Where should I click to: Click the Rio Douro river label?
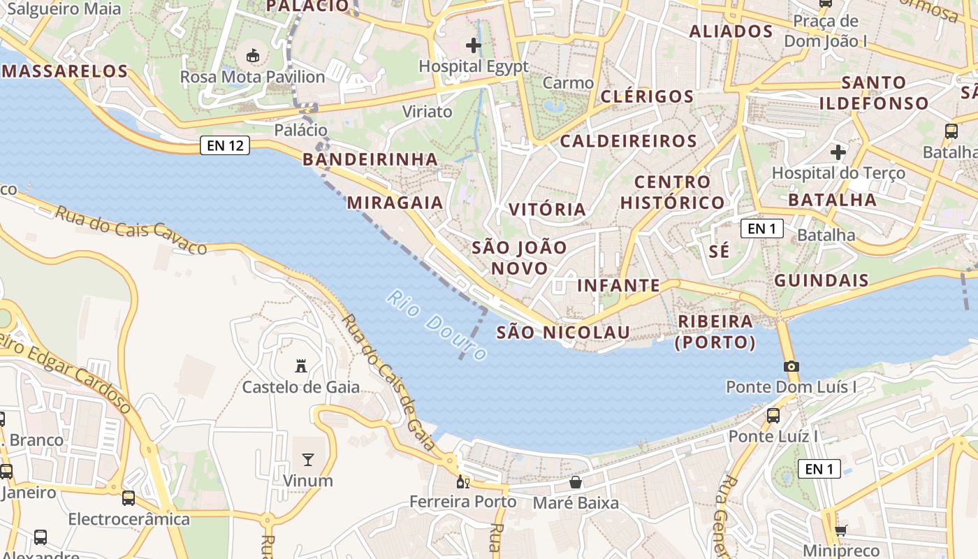click(x=437, y=325)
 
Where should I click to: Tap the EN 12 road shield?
click(x=225, y=145)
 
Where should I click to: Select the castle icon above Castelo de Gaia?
click(x=301, y=365)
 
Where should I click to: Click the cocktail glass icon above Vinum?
click(x=307, y=459)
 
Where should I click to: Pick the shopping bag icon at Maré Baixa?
click(x=576, y=482)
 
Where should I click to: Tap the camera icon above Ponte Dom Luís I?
click(x=791, y=366)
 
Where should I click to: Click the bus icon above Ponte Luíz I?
click(x=773, y=415)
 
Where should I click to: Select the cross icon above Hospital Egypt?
click(x=474, y=46)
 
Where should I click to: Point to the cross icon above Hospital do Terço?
click(x=838, y=152)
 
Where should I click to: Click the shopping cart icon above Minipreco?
click(x=841, y=530)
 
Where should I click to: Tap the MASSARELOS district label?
click(x=65, y=71)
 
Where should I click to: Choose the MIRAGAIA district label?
click(x=395, y=203)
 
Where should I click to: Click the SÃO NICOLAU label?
click(x=563, y=333)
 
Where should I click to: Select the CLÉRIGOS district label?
click(x=648, y=96)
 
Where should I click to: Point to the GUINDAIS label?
click(x=822, y=281)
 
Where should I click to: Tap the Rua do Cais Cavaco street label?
click(x=131, y=229)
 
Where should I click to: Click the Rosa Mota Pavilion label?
click(x=253, y=77)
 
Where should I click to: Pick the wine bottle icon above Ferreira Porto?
click(x=461, y=481)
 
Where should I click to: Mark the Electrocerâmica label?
click(x=129, y=519)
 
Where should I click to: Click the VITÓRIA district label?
click(x=547, y=210)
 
